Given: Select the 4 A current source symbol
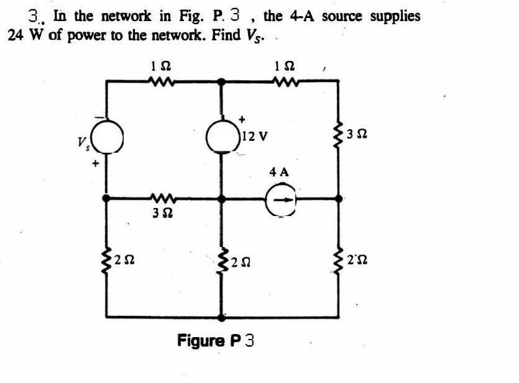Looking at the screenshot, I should pos(281,199).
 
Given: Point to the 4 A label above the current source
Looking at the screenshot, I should pos(279,172).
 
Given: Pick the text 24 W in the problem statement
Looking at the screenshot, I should pos(25,35).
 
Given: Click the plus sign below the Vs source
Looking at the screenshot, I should pos(96,164).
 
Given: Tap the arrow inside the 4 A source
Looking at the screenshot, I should pos(282,199).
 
